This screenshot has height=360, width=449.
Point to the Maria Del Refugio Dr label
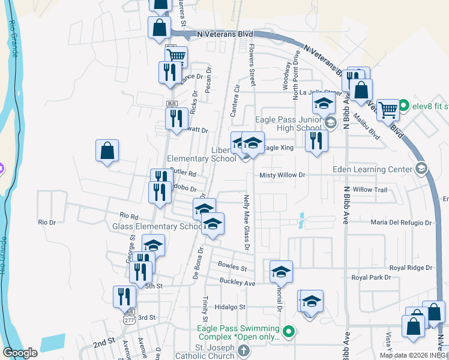tap(401, 223)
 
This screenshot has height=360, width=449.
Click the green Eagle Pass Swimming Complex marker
tap(289, 331)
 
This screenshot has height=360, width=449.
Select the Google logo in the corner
tap(20, 352)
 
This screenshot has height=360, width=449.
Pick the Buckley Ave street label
tap(238, 283)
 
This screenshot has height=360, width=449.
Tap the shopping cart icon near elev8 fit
tap(388, 110)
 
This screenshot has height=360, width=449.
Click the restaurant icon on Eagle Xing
tap(316, 141)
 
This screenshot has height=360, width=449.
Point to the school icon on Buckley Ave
tap(281, 272)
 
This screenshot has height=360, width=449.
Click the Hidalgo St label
tap(231, 307)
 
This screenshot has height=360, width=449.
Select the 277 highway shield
tap(129, 319)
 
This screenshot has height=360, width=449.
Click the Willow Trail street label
tap(370, 190)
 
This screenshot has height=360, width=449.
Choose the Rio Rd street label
tap(129, 215)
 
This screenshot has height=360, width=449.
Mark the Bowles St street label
tap(232, 264)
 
